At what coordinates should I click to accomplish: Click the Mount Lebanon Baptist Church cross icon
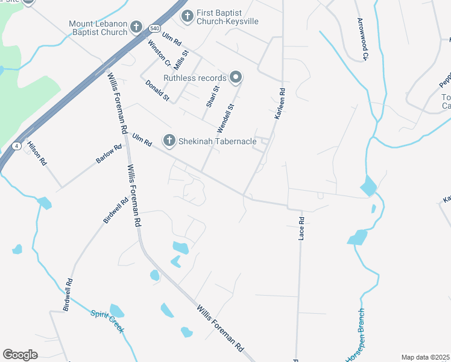136,27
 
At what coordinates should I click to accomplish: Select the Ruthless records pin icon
236,77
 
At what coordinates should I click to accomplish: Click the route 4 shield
16,146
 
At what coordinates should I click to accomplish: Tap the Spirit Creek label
107,321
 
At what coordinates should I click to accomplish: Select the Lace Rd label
301,229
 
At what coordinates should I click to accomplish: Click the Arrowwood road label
363,39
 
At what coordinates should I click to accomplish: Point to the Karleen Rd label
280,103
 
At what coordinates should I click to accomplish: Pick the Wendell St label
224,119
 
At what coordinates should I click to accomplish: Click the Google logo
20,354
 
